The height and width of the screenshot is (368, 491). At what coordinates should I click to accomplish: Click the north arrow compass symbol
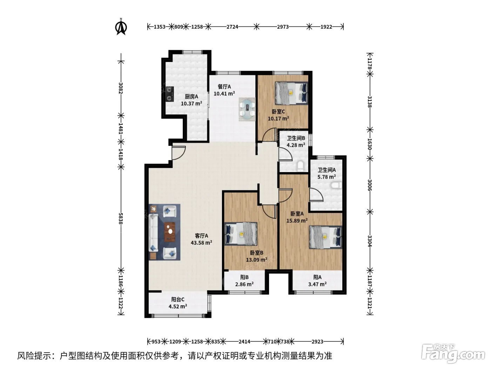point(121,27)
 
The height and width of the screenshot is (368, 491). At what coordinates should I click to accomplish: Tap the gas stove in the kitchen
point(170,94)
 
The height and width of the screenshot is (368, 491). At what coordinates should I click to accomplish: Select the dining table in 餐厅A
point(247,109)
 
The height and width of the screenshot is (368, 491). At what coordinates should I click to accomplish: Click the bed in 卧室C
point(291,93)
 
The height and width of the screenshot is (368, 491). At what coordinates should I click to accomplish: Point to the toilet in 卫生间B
point(301,166)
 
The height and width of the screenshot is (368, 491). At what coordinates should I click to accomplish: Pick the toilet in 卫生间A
point(336,185)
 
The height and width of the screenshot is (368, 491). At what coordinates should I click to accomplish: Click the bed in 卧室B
point(241,234)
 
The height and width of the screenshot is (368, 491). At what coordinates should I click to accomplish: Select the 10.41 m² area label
point(224,93)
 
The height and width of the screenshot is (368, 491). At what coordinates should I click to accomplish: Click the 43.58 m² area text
point(201,243)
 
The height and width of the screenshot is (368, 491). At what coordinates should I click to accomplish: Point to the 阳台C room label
point(178,299)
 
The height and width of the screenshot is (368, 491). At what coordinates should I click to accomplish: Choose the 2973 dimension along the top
point(283,27)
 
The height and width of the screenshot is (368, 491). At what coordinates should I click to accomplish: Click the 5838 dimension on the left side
point(121,218)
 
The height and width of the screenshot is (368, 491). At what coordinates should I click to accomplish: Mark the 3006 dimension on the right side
point(370,185)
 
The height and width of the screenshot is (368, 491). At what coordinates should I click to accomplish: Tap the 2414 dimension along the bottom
point(244,341)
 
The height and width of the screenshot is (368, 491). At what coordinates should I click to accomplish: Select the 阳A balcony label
point(317,277)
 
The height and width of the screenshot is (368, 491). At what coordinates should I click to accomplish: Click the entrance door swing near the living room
point(179,153)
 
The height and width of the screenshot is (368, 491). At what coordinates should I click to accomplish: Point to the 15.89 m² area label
point(297,220)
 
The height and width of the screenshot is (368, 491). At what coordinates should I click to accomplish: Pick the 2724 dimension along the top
point(232,27)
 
